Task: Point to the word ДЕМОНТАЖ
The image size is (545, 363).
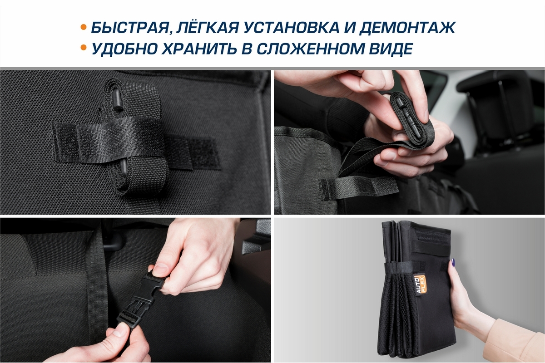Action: [x=407, y=28]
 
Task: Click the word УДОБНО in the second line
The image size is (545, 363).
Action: [x=124, y=49]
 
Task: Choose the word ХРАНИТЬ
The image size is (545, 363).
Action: [x=199, y=49]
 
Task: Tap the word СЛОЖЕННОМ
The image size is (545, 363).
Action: [x=310, y=49]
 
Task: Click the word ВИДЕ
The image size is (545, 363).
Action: [x=391, y=49]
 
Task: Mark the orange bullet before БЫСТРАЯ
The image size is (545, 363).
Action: [x=84, y=27]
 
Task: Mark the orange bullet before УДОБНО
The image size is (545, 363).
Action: [x=84, y=47]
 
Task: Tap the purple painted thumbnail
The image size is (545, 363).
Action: [x=453, y=262]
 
